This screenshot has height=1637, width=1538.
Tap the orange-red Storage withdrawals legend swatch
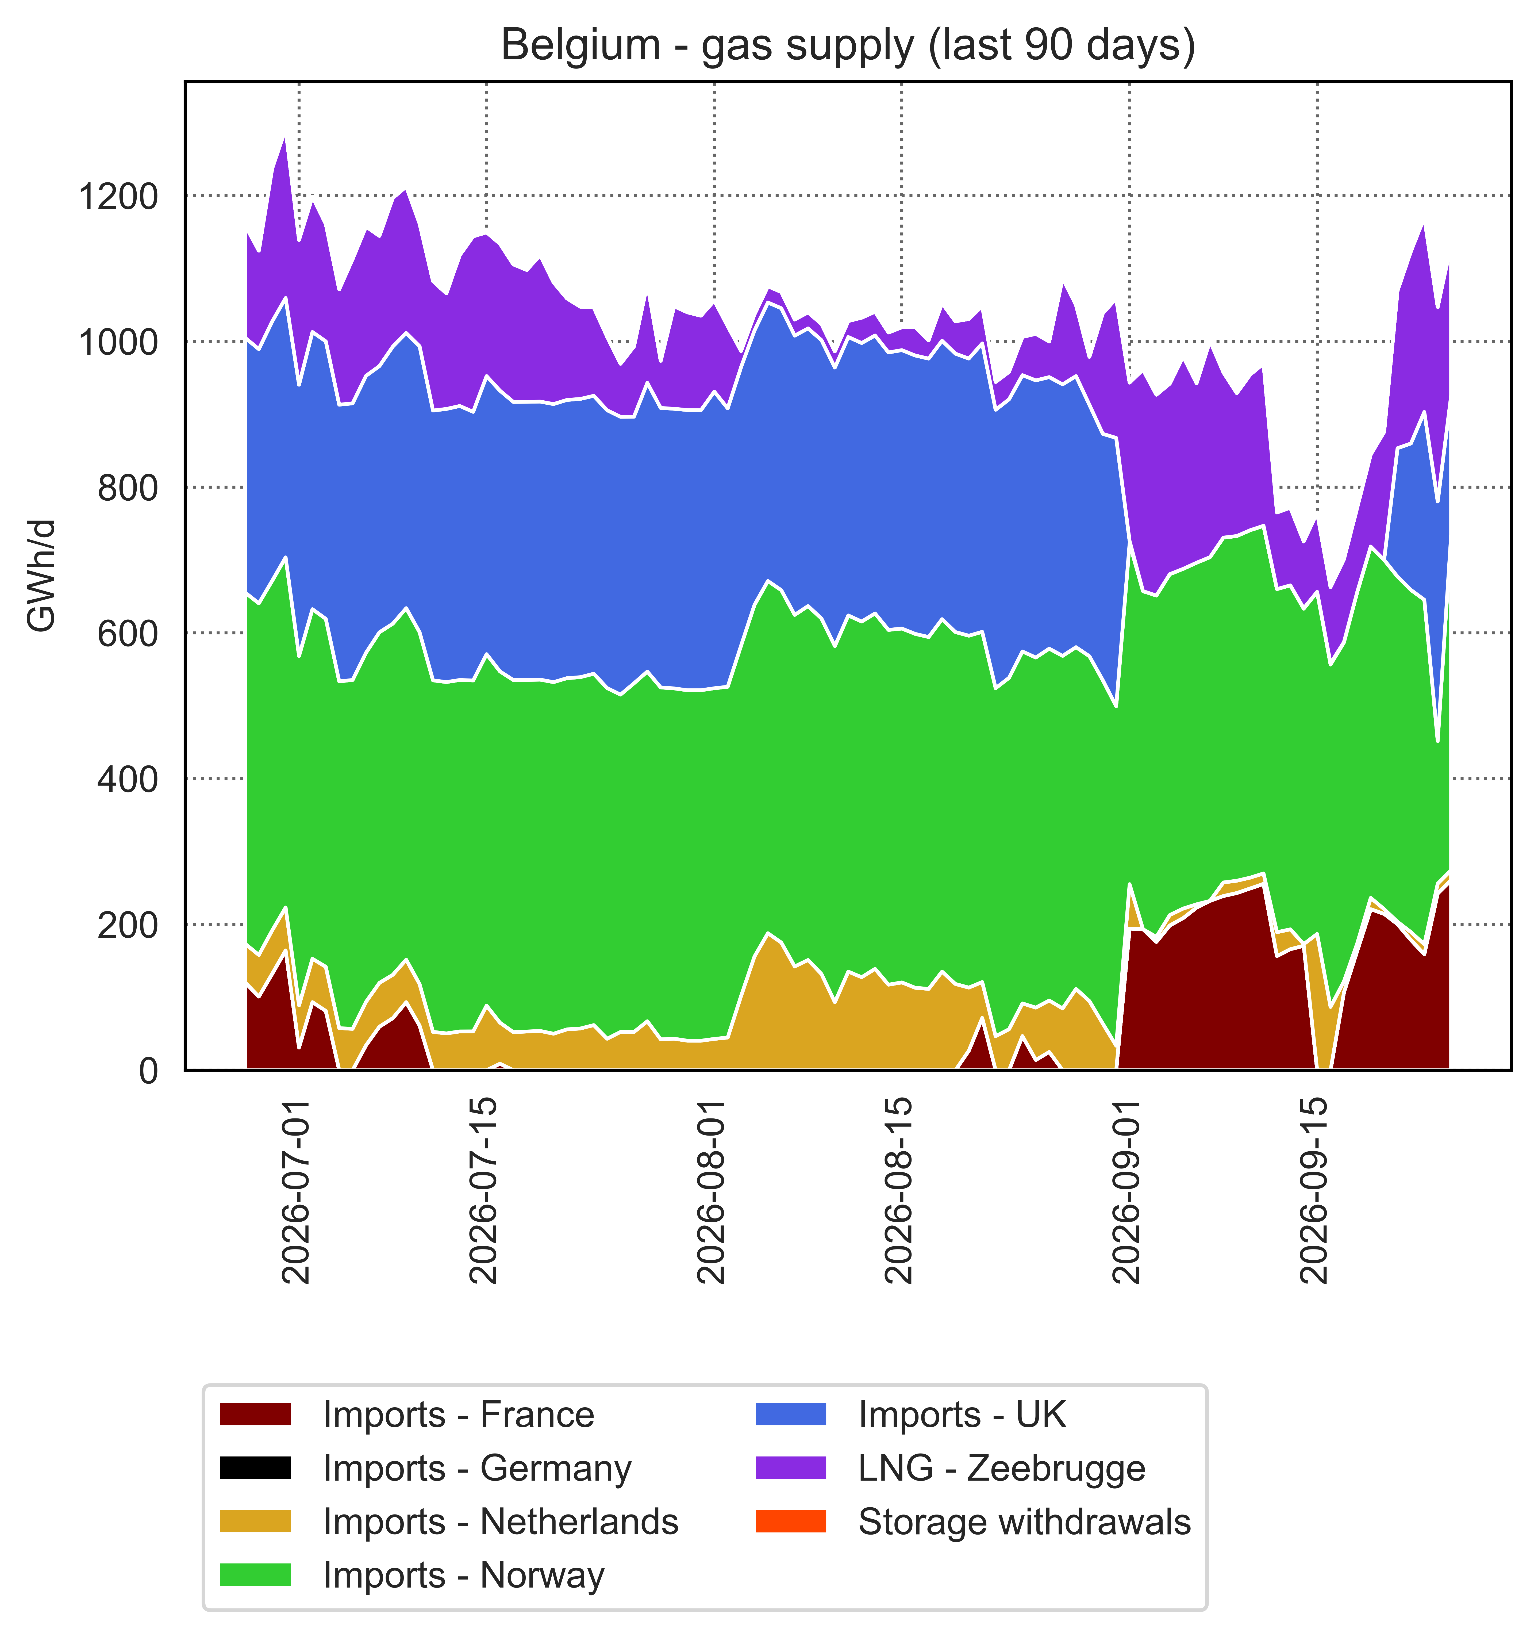pos(790,1522)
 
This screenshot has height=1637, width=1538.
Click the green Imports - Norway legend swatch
pos(255,1575)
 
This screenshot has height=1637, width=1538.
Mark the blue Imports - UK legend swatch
pos(790,1415)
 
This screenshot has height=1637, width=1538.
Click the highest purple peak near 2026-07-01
pos(285,138)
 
